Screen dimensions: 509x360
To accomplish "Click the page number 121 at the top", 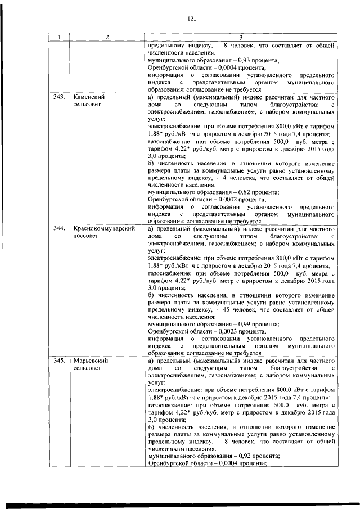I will pyautogui.click(x=191, y=19).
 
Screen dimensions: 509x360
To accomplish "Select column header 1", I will pyautogui.click(x=58, y=37).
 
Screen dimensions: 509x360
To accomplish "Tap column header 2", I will pyautogui.click(x=107, y=37).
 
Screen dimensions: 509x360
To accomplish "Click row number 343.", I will pyautogui.click(x=58, y=97).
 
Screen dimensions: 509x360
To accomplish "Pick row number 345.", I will pyautogui.click(x=58, y=361).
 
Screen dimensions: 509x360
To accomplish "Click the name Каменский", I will pyautogui.click(x=91, y=97).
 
